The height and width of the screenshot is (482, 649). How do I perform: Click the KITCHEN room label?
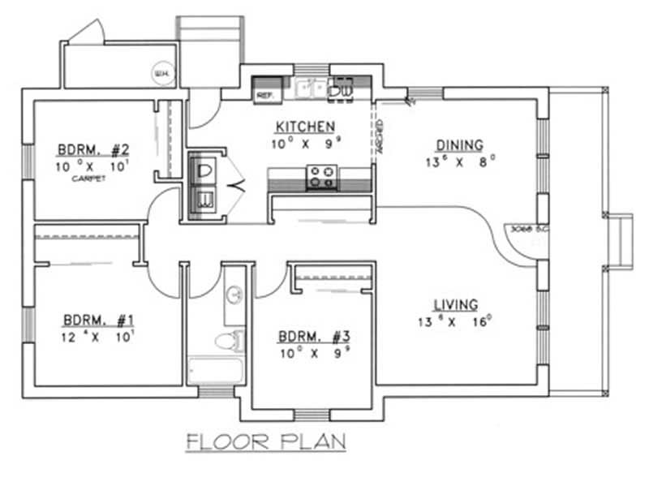click(x=304, y=127)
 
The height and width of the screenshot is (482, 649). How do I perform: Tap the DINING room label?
click(x=459, y=145)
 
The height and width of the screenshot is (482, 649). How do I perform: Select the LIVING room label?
click(x=454, y=304)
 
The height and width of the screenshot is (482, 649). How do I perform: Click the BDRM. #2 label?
click(x=93, y=149)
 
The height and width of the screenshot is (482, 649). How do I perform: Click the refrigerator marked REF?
click(x=265, y=92)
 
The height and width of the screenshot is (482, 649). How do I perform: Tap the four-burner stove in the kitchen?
click(x=321, y=175)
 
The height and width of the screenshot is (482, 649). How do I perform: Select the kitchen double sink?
click(x=309, y=88)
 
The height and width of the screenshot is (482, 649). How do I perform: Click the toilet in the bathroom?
click(x=230, y=339)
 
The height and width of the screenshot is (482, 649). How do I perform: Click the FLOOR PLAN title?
click(x=266, y=442)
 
